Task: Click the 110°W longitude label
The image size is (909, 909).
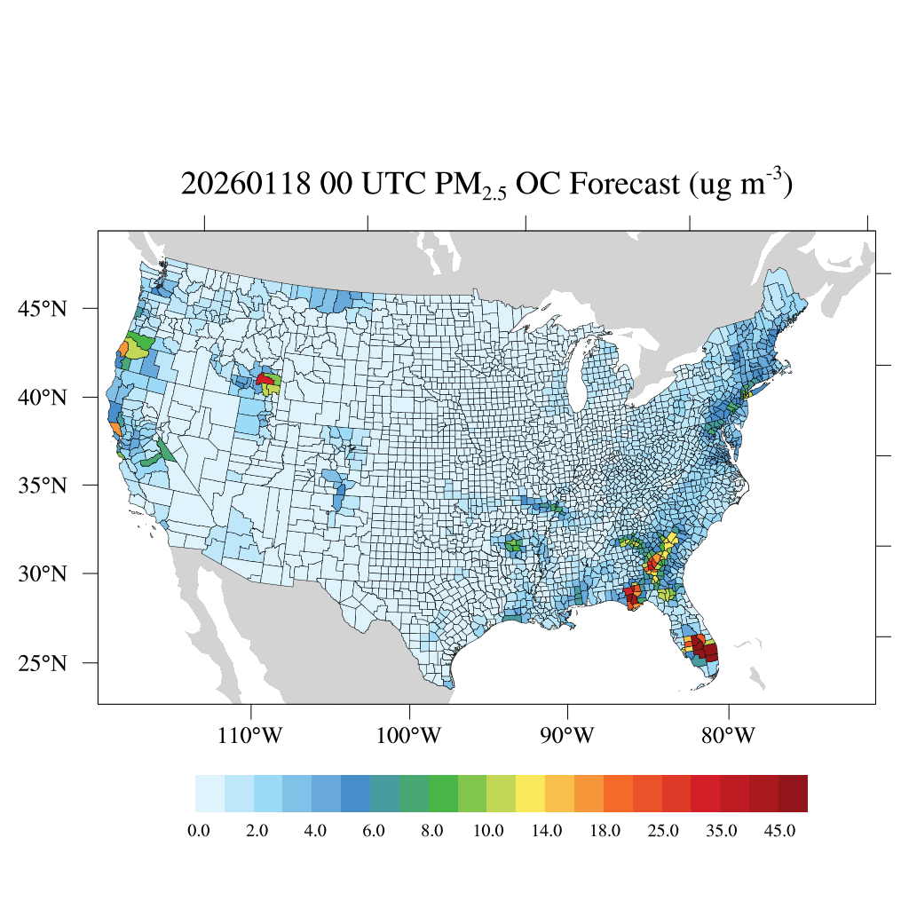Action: pos(252,736)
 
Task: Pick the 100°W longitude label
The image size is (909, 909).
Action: pos(410,736)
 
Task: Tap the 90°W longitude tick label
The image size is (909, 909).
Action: pos(567,736)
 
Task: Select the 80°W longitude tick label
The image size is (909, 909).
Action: pos(729,736)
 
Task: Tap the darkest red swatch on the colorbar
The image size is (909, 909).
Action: pos(793,794)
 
